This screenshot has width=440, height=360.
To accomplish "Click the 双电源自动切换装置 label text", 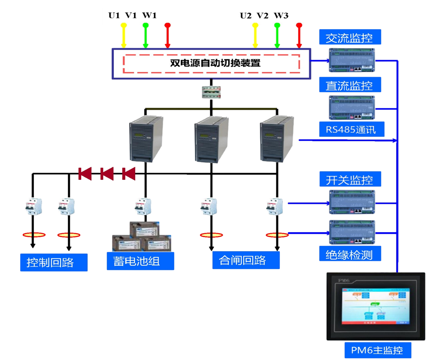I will [x=215, y=63].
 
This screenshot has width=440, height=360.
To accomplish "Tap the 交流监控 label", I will [x=350, y=38].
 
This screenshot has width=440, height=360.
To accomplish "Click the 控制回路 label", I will [x=51, y=262].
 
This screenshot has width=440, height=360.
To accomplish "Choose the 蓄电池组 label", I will [x=137, y=261].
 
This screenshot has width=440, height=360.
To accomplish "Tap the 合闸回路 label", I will [x=243, y=260].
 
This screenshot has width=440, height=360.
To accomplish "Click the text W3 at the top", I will [x=281, y=16].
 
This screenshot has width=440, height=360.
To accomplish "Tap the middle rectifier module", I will [x=211, y=139].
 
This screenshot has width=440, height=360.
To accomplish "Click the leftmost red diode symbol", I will [x=85, y=174].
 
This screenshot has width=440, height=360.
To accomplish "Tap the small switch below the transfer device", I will [x=211, y=92].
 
